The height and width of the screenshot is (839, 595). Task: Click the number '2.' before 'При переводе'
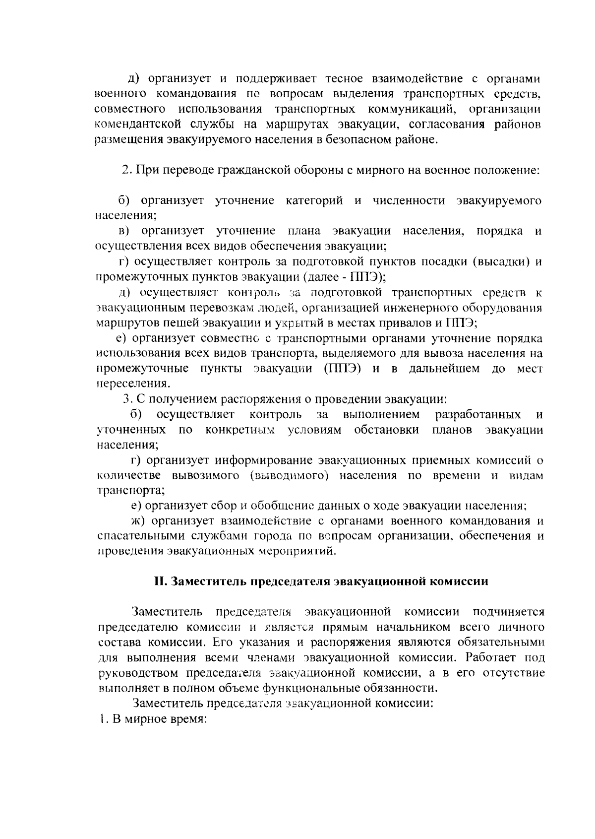126,170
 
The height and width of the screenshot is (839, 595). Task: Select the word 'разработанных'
478,414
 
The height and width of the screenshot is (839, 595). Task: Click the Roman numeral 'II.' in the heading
160,581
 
